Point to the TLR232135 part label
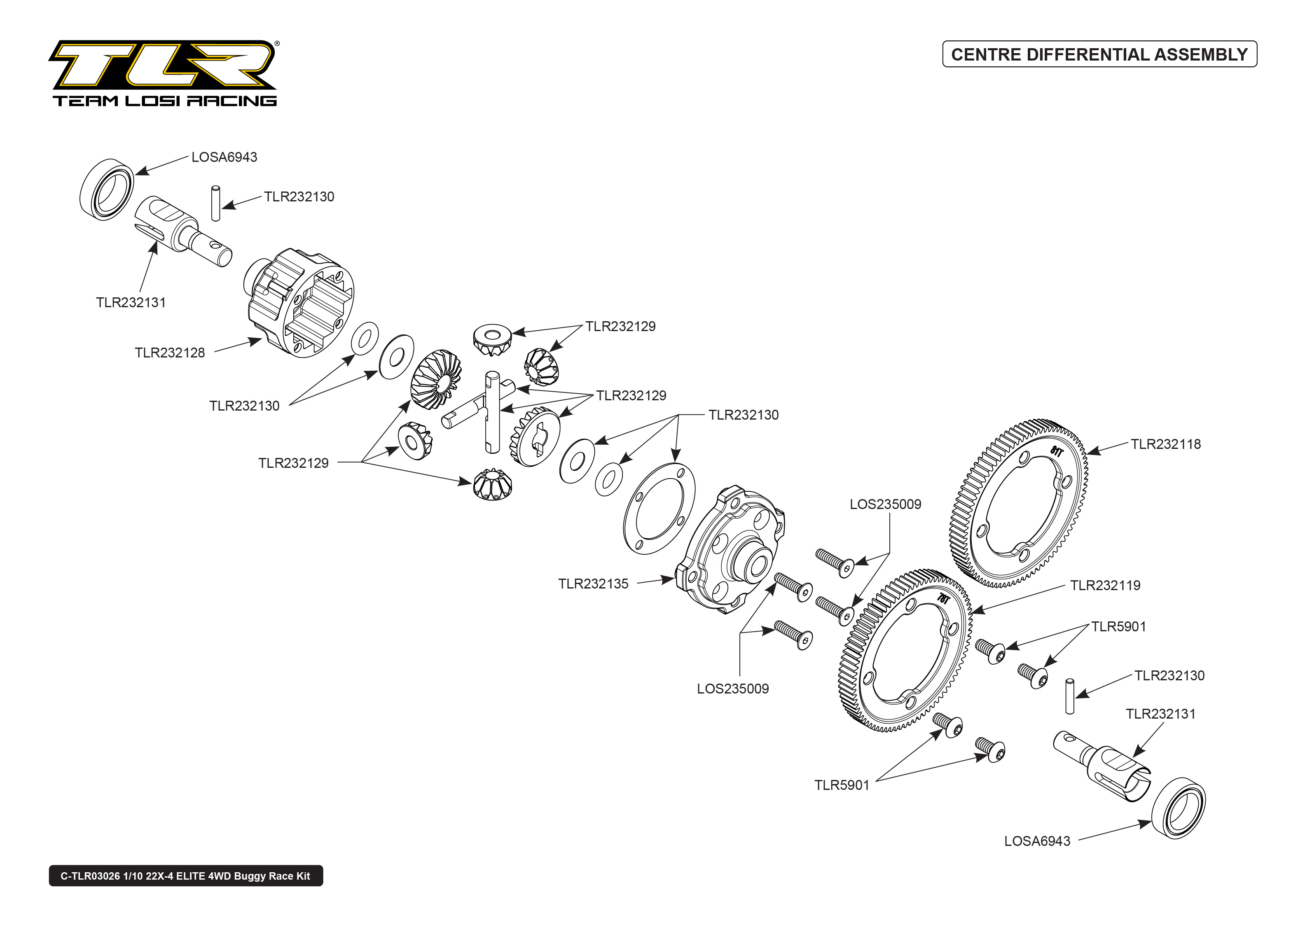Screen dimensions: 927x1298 [x=593, y=584]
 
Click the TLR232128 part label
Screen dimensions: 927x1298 [x=170, y=353]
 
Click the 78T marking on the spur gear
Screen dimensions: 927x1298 [x=943, y=599]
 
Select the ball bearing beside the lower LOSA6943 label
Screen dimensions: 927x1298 [x=1178, y=808]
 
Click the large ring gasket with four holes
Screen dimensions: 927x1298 [x=659, y=509]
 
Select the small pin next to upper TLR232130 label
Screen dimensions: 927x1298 [x=215, y=203]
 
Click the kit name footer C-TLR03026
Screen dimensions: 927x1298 [x=185, y=876]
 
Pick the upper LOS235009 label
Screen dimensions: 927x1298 [x=885, y=504]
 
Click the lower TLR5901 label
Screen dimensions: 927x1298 [x=841, y=785]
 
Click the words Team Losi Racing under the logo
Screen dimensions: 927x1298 [x=164, y=101]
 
